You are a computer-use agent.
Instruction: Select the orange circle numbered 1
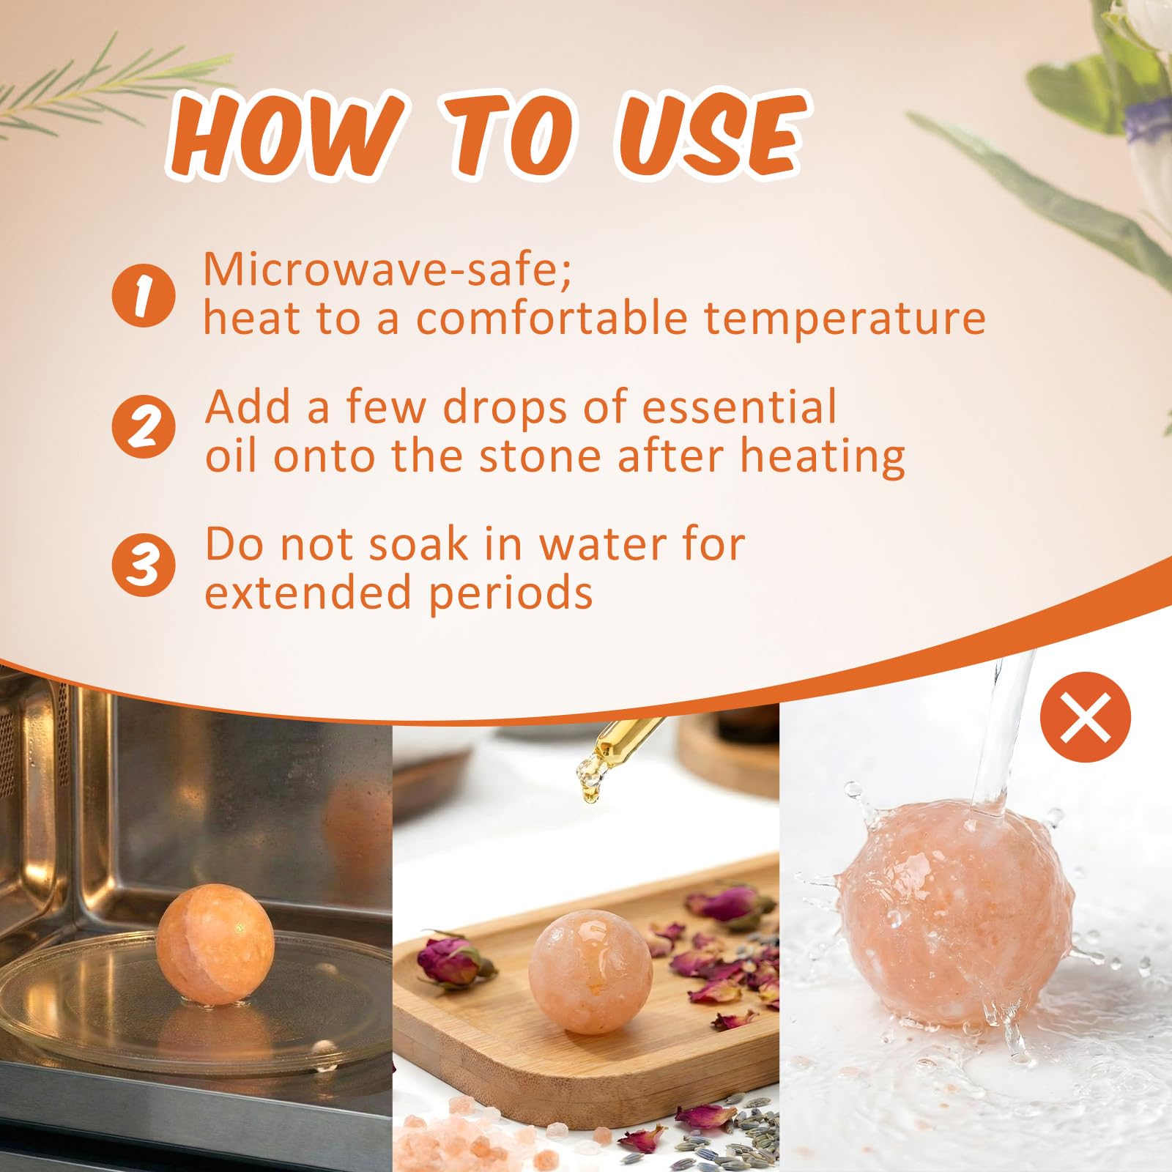click(x=144, y=296)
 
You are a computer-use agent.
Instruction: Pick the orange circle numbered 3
click(x=144, y=566)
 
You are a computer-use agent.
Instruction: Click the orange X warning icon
click(x=1086, y=717)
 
